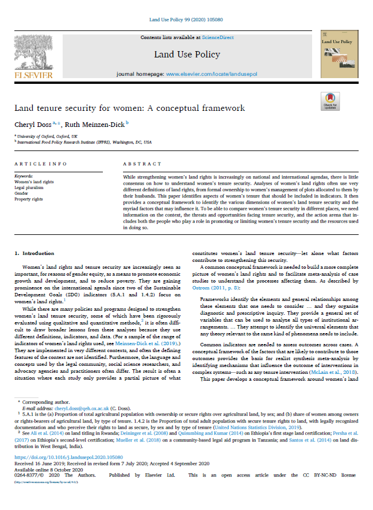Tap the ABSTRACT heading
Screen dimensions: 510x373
[x=138, y=163]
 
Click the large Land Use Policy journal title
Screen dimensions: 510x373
[x=187, y=55]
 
